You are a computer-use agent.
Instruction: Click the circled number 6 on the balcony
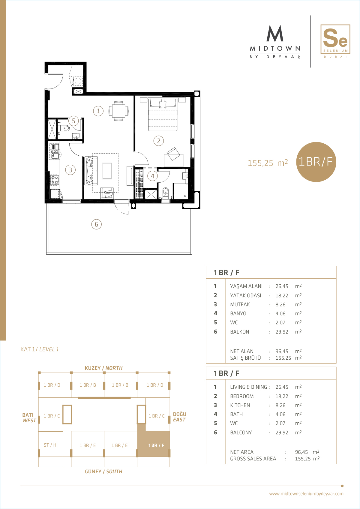[96, 224]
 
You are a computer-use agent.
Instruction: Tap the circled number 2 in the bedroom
[158, 141]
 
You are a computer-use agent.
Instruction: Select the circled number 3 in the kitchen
[70, 170]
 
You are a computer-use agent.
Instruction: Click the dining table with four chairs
[118, 111]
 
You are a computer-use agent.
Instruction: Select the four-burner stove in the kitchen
[55, 179]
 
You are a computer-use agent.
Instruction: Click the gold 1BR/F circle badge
[316, 162]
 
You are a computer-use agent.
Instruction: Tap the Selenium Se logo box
[335, 39]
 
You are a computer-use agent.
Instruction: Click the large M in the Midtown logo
[275, 33]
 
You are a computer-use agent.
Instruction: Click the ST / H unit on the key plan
[50, 445]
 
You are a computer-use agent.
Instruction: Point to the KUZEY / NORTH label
[103, 368]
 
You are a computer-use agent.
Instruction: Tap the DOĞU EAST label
[179, 417]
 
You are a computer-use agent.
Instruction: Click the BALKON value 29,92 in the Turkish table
[282, 332]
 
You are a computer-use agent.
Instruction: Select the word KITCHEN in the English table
[240, 405]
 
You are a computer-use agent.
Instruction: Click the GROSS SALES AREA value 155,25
[303, 459]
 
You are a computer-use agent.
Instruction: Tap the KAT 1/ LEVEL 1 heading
[40, 349]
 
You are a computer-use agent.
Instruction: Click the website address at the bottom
[306, 493]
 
